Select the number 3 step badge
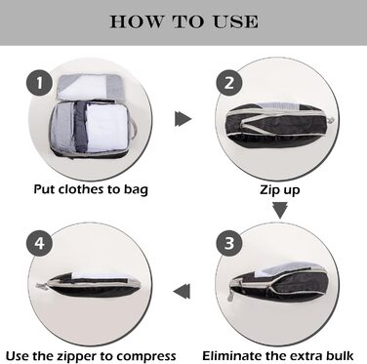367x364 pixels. [229, 239]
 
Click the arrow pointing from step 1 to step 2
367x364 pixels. [182, 119]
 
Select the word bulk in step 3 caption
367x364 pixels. [338, 354]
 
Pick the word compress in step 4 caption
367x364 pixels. [144, 354]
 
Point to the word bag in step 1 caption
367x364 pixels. [134, 187]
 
